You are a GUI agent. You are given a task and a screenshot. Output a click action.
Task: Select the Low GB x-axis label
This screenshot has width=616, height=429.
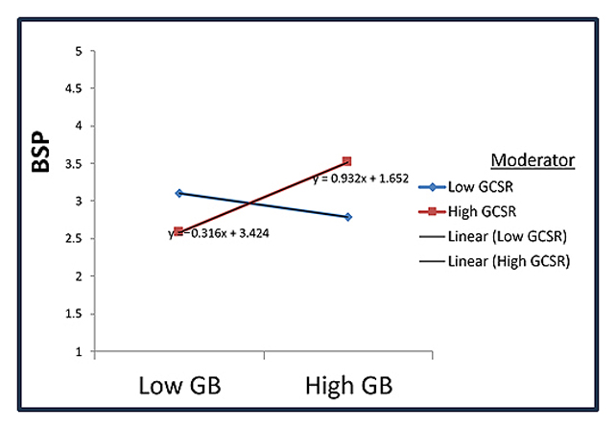pyautogui.click(x=179, y=387)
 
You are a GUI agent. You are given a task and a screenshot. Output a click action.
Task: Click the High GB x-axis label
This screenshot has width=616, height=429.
pyautogui.click(x=347, y=387)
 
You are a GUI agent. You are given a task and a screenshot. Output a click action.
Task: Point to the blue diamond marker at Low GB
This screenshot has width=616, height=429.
pyautogui.click(x=178, y=193)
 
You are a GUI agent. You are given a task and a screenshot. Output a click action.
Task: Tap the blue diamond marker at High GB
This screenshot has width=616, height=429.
pyautogui.click(x=347, y=217)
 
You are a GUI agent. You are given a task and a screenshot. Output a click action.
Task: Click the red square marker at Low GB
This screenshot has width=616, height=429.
pyautogui.click(x=178, y=231)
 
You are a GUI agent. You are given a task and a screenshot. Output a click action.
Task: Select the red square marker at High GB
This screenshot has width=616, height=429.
pyautogui.click(x=347, y=161)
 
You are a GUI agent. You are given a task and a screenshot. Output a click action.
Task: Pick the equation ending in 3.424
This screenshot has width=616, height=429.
pyautogui.click(x=219, y=232)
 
